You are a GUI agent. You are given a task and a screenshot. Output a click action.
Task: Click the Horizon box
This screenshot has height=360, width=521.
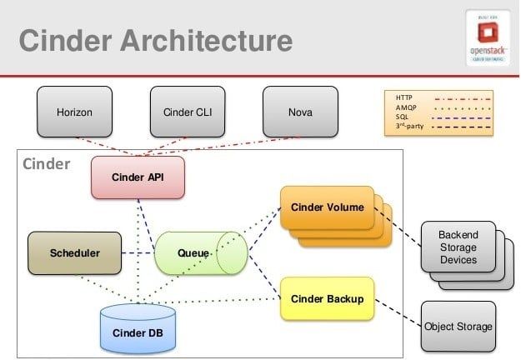pos(74,112)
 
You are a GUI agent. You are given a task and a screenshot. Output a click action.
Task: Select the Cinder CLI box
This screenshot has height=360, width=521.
pos(185,112)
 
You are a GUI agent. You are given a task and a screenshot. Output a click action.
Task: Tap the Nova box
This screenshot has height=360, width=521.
pos(299,112)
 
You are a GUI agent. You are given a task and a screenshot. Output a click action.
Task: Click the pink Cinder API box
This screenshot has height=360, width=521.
pos(138,177)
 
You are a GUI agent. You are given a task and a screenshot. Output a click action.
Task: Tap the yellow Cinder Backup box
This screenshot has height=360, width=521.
pos(326,298)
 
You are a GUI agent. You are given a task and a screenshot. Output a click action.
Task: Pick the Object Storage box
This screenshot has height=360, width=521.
pos(458,326)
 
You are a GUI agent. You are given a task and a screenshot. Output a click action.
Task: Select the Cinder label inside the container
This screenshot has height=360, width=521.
pos(47,164)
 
